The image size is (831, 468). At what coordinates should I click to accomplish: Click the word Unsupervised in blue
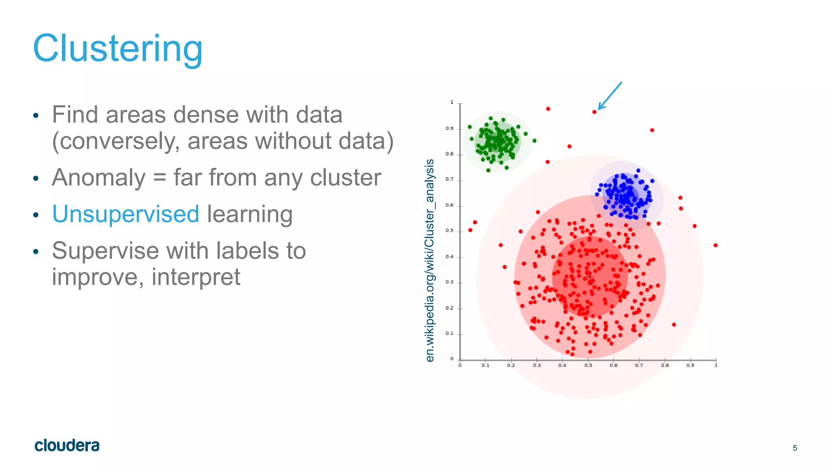[125, 214]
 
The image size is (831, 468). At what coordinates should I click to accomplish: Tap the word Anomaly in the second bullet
[99, 178]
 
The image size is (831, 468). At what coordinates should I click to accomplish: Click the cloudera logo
[67, 445]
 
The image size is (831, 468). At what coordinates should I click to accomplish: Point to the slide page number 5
[794, 448]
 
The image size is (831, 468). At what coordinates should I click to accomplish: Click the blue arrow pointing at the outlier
[610, 96]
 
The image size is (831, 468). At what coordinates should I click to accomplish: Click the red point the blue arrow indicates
[594, 112]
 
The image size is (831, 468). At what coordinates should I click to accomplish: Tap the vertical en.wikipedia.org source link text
[430, 260]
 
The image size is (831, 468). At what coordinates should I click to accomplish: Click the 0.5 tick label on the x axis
[588, 366]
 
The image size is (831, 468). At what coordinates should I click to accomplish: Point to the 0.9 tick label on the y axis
[449, 128]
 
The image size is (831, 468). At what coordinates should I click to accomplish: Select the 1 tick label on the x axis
[716, 366]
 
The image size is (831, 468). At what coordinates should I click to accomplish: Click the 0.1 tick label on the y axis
[449, 334]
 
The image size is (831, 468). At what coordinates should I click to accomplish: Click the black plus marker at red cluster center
[590, 277]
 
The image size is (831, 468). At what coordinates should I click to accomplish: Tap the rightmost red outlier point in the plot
[715, 245]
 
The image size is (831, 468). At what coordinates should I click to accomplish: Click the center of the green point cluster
[497, 142]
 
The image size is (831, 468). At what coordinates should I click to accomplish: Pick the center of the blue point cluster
[625, 195]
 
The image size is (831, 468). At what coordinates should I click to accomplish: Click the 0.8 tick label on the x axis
[665, 366]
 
